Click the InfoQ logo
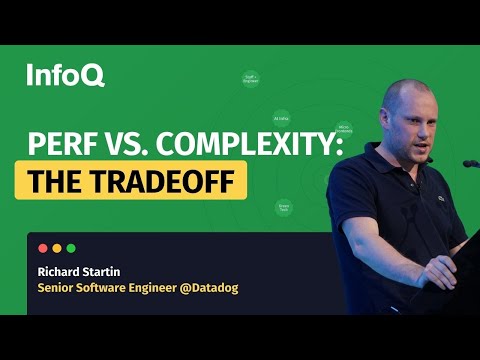tap(65, 74)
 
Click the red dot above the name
tap(42, 248)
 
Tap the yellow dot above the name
tap(56, 248)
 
